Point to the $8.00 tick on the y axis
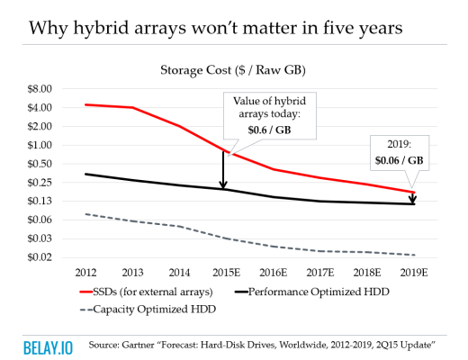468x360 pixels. pyautogui.click(x=41, y=89)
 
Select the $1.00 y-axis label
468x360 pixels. pyautogui.click(x=41, y=145)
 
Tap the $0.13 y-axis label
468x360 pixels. pyautogui.click(x=41, y=201)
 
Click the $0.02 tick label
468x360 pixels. pyautogui.click(x=41, y=257)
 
